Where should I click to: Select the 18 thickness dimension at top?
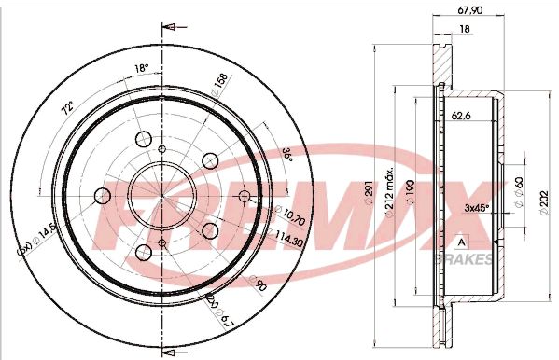click(464, 30)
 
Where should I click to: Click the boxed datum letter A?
click(460, 242)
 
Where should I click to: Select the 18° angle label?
click(143, 68)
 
